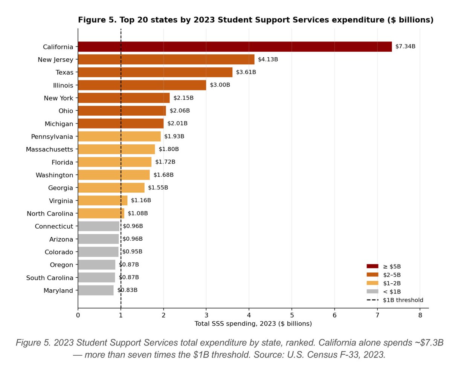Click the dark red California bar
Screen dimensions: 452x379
[235, 47]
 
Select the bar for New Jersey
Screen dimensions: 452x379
[166, 60]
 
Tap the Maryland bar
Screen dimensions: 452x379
[96, 290]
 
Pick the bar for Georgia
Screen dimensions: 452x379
[111, 188]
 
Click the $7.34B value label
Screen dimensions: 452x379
[405, 46]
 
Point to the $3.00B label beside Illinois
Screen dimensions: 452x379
[220, 85]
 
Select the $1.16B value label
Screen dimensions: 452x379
[141, 200]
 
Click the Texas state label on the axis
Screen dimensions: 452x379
[64, 72]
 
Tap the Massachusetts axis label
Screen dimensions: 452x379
[50, 150]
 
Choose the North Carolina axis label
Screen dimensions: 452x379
[50, 214]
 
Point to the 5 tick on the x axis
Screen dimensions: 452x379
[292, 315]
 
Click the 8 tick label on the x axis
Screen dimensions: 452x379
[420, 315]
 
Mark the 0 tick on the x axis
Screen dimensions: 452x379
[78, 315]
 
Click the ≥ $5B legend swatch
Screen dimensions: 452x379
[373, 266]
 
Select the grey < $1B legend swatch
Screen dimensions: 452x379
[373, 292]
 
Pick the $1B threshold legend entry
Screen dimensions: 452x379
[395, 300]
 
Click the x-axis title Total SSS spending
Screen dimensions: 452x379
[253, 324]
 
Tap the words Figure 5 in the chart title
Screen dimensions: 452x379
[97, 20]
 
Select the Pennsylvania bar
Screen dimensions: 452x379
[119, 136]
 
